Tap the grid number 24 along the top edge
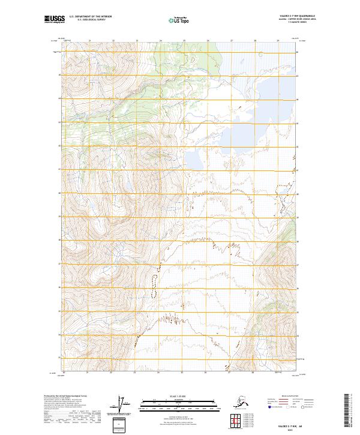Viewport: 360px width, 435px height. point(160,41)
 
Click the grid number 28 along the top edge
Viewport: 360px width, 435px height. point(254,41)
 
